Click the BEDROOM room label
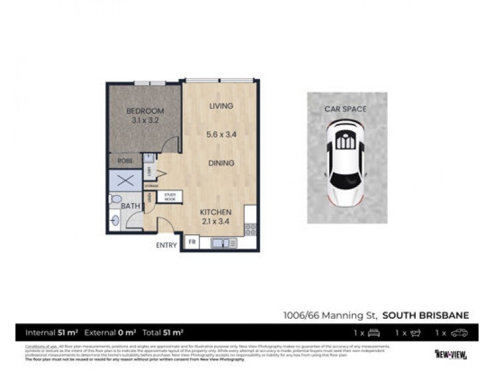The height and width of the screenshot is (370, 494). click(x=145, y=111)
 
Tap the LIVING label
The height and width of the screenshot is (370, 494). click(x=221, y=106)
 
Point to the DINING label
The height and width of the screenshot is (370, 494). click(x=221, y=163)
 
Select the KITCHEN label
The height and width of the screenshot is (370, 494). click(x=216, y=212)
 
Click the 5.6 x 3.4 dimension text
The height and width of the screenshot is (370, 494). click(x=220, y=134)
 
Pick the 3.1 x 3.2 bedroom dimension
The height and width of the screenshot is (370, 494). click(x=145, y=121)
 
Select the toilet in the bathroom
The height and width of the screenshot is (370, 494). click(x=115, y=199)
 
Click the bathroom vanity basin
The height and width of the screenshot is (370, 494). click(x=115, y=219)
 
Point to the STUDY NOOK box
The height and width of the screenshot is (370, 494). click(x=170, y=197)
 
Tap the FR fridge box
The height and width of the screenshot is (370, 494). click(x=192, y=243)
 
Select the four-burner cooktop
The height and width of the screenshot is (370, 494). click(x=250, y=229)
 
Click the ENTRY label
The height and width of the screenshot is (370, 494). click(x=166, y=245)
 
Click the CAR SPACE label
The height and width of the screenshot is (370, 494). click(x=346, y=109)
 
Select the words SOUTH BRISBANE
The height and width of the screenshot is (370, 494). click(x=425, y=315)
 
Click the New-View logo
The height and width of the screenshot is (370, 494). click(x=451, y=354)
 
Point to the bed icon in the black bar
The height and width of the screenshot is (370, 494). click(x=374, y=333)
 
